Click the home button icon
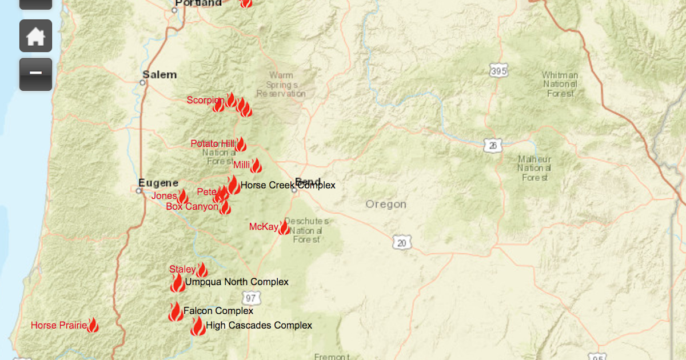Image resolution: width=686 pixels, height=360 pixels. [x=35, y=36]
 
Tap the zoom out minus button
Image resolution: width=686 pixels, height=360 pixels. [x=35, y=74]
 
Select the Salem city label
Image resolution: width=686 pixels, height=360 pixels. [x=159, y=75]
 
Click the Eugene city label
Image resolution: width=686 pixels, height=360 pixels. [x=158, y=183]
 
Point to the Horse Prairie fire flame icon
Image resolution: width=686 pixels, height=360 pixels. [x=93, y=326]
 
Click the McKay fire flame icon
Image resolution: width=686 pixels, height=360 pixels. [x=284, y=227]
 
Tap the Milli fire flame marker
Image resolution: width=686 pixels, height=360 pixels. [x=256, y=166]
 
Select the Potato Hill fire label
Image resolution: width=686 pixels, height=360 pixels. [x=212, y=143]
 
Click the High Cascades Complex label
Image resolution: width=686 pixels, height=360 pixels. [x=259, y=325]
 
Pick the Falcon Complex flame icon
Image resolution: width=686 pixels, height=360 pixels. [x=176, y=311]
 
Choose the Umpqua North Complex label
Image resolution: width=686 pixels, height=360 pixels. [x=237, y=282]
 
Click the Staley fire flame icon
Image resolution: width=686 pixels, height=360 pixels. [x=202, y=270]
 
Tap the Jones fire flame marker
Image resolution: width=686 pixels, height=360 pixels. [x=183, y=197]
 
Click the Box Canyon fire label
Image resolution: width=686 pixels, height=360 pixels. [x=192, y=206]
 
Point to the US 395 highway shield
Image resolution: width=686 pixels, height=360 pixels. [x=498, y=71]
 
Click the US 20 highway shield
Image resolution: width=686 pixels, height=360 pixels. [x=402, y=243]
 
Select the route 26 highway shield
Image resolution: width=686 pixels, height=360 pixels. [x=493, y=146]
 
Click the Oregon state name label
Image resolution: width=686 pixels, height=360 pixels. [x=386, y=204]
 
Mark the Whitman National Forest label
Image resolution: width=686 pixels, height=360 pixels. [x=560, y=84]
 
